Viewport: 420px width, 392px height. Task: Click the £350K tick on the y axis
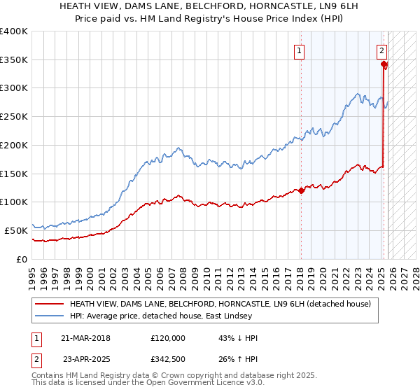[x=14, y=59]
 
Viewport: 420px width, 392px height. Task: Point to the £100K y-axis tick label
[x=14, y=202]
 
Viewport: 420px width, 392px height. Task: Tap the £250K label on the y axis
[x=14, y=116]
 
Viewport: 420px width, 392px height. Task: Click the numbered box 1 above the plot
[x=300, y=50]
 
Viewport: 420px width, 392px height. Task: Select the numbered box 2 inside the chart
[x=381, y=50]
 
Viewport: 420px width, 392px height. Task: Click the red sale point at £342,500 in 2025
[x=384, y=64]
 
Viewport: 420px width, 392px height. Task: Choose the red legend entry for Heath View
[x=224, y=304]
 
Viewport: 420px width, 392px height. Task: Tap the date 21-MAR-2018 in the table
[x=86, y=337]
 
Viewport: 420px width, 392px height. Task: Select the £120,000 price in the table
[x=167, y=337]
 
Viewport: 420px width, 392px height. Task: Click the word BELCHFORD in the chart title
[x=188, y=6]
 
